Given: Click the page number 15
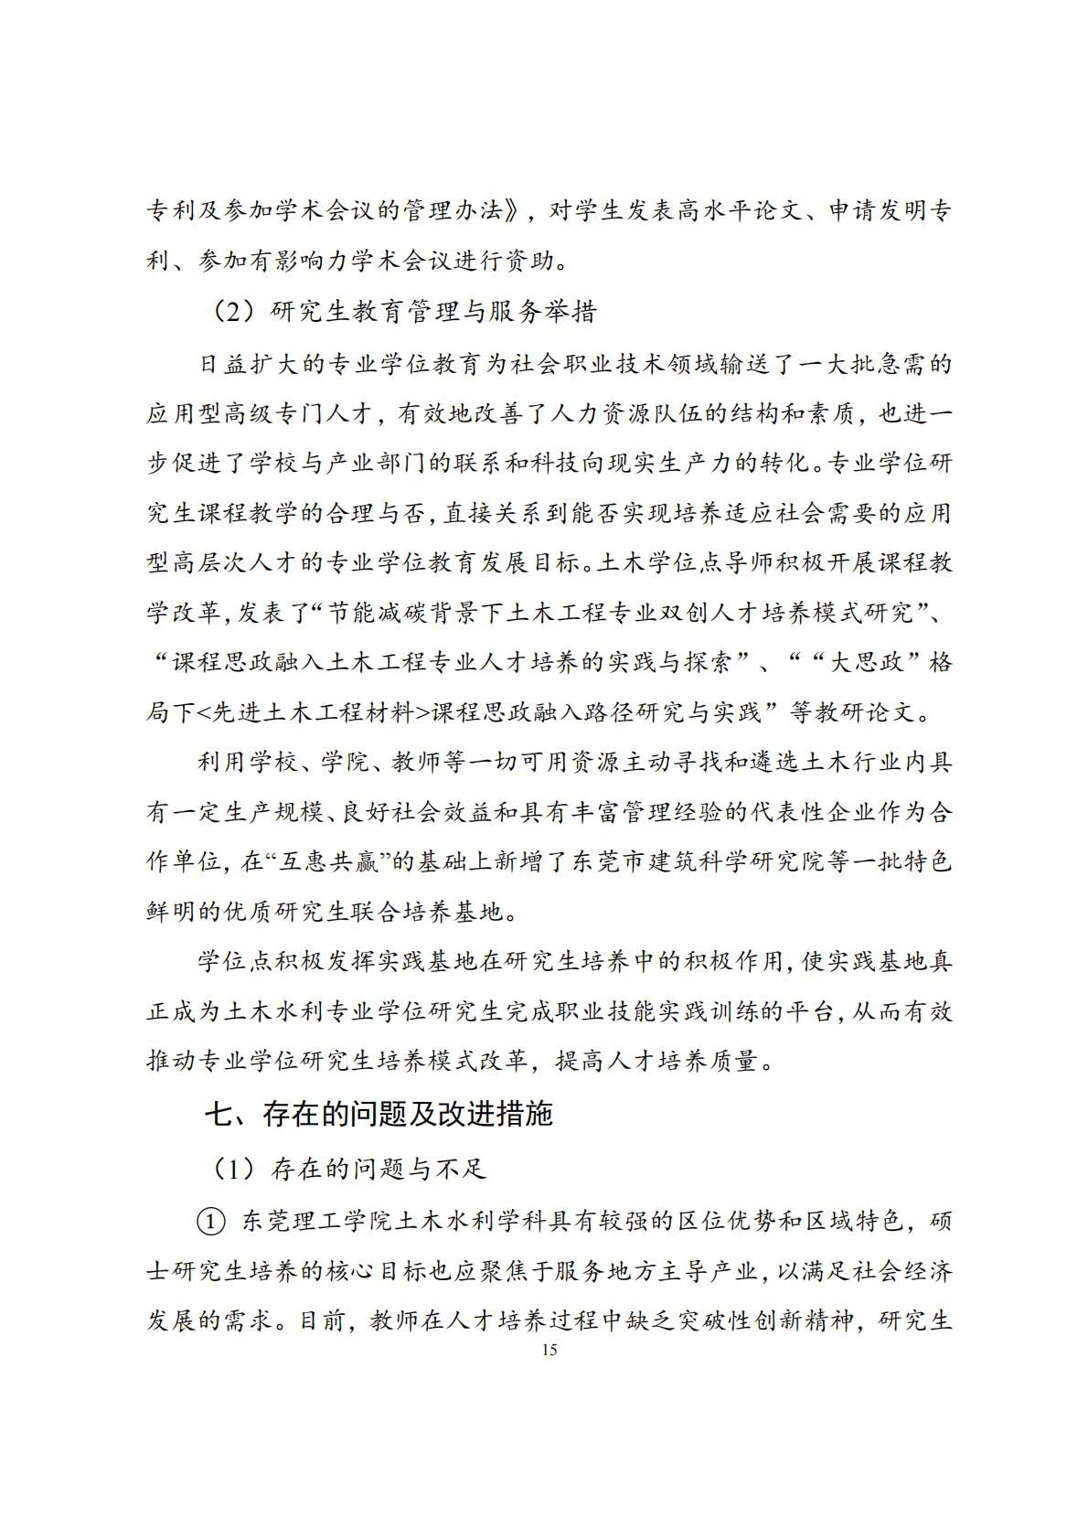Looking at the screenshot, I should click(x=549, y=1350).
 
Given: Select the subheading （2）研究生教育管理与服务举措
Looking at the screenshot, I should click(x=402, y=312).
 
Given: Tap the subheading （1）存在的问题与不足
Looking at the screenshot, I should click(x=348, y=1169).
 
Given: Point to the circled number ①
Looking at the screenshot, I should click(x=210, y=1221).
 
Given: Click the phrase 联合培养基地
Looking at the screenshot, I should click(x=440, y=911).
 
